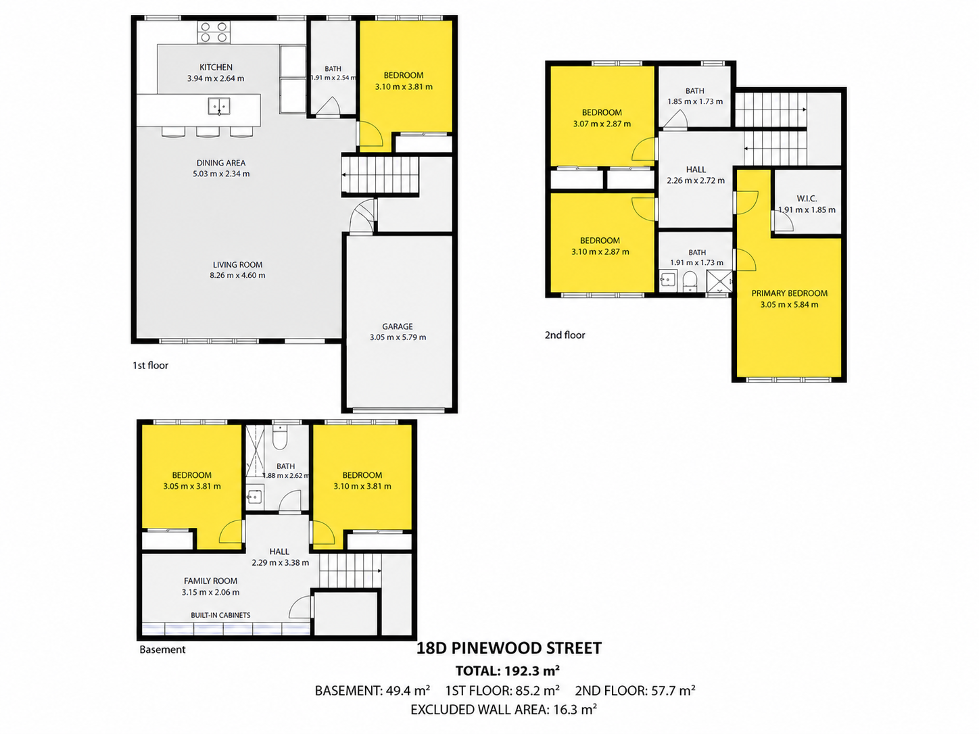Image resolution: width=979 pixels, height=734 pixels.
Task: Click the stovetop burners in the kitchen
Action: [214, 32]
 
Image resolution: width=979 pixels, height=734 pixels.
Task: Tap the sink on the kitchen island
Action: [219, 106]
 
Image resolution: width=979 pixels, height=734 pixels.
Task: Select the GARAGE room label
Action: [398, 326]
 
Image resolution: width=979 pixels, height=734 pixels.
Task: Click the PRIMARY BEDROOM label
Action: [789, 293]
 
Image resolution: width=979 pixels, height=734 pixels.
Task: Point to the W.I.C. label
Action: [807, 198]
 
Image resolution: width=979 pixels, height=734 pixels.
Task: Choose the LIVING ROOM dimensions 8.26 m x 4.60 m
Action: [237, 275]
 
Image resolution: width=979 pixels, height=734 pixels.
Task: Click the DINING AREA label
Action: [221, 163]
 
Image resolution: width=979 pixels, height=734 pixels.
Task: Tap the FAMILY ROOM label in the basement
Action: [210, 581]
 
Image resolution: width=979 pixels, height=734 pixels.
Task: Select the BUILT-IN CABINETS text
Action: [220, 615]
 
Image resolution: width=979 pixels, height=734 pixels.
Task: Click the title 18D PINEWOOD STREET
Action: [509, 647]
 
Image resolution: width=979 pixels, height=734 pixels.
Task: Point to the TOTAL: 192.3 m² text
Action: [508, 670]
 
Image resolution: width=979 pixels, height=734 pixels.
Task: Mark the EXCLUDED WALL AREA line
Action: [504, 709]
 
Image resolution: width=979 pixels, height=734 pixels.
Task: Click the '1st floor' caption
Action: [150, 366]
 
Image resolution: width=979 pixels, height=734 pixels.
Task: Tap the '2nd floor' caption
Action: [565, 335]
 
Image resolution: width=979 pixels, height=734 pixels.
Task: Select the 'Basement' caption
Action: [162, 650]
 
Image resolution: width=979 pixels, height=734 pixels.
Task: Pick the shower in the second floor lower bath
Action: [719, 281]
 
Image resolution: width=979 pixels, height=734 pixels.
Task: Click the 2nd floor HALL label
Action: [696, 170]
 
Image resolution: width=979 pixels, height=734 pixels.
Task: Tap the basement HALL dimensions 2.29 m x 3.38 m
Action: [280, 562]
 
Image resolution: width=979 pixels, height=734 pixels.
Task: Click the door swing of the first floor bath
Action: [329, 106]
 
